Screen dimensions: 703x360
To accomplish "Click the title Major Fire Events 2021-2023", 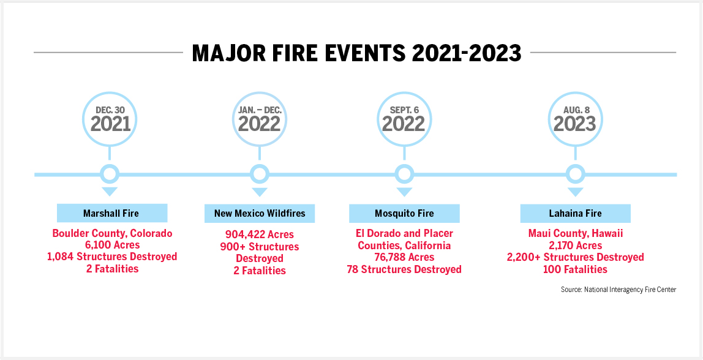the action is (x=356, y=53).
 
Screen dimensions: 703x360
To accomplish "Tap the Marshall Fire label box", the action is (x=111, y=213).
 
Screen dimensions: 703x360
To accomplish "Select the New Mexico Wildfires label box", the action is (x=260, y=213).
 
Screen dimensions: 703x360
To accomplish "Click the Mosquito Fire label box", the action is (x=404, y=213).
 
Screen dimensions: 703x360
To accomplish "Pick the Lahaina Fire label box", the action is (x=575, y=213).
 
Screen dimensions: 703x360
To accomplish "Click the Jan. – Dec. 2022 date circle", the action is (x=260, y=118).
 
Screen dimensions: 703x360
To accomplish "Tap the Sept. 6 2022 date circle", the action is (x=404, y=118).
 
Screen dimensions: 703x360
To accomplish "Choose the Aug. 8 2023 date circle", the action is (x=575, y=118).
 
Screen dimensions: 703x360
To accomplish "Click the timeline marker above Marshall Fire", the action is (x=110, y=174).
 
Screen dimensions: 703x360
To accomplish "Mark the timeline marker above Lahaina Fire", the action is (x=575, y=174).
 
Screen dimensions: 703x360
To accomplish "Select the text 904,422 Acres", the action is (x=260, y=234).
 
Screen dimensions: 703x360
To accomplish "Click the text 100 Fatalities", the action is (x=575, y=269).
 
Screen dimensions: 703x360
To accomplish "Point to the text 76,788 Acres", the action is (x=404, y=257).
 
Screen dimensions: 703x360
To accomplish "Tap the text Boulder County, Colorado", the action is (x=112, y=233).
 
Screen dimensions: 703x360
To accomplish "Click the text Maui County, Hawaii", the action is (x=575, y=233).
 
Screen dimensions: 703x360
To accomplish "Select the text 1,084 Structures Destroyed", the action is (x=112, y=257).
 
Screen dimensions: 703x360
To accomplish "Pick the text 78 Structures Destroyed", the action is (x=404, y=269).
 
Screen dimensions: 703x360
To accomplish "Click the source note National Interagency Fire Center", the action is (x=618, y=290).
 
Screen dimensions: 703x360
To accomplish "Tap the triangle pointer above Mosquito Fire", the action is (x=404, y=192).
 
